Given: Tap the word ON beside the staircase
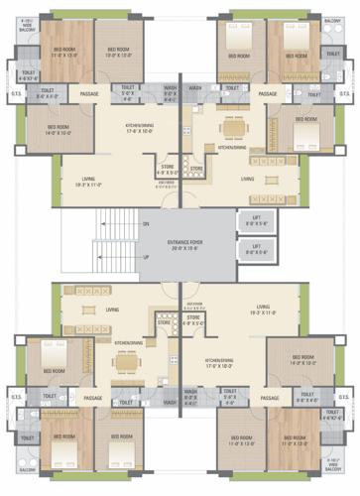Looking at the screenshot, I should [146, 225].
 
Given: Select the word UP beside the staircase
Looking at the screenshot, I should [146, 258].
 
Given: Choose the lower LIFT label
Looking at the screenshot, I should [255, 250].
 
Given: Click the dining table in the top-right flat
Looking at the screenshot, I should [235, 130].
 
